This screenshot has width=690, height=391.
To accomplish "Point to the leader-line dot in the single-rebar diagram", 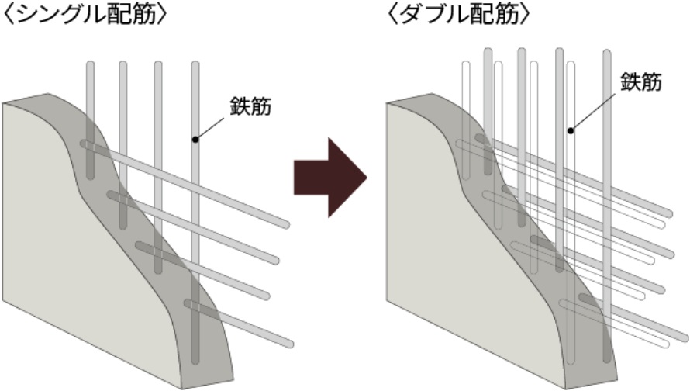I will [195, 140].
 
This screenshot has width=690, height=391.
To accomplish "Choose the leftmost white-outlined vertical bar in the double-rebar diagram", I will [465, 93].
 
